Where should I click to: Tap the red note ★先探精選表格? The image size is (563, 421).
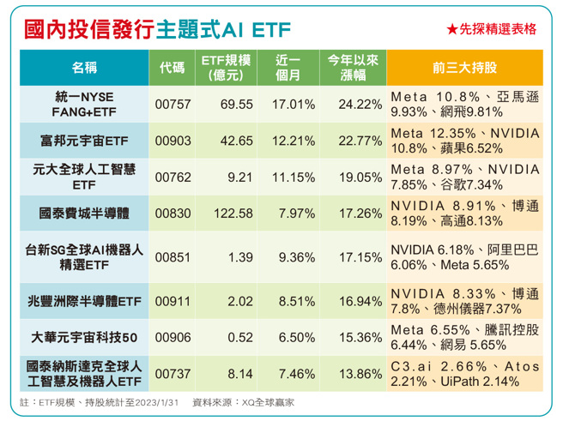pos(491,29)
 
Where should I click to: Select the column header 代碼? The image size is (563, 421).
pos(172,68)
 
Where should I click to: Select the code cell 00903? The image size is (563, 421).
pos(172,140)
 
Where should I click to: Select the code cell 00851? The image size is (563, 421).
pos(172,256)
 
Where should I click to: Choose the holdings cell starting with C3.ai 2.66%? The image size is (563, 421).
pos(464,374)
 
